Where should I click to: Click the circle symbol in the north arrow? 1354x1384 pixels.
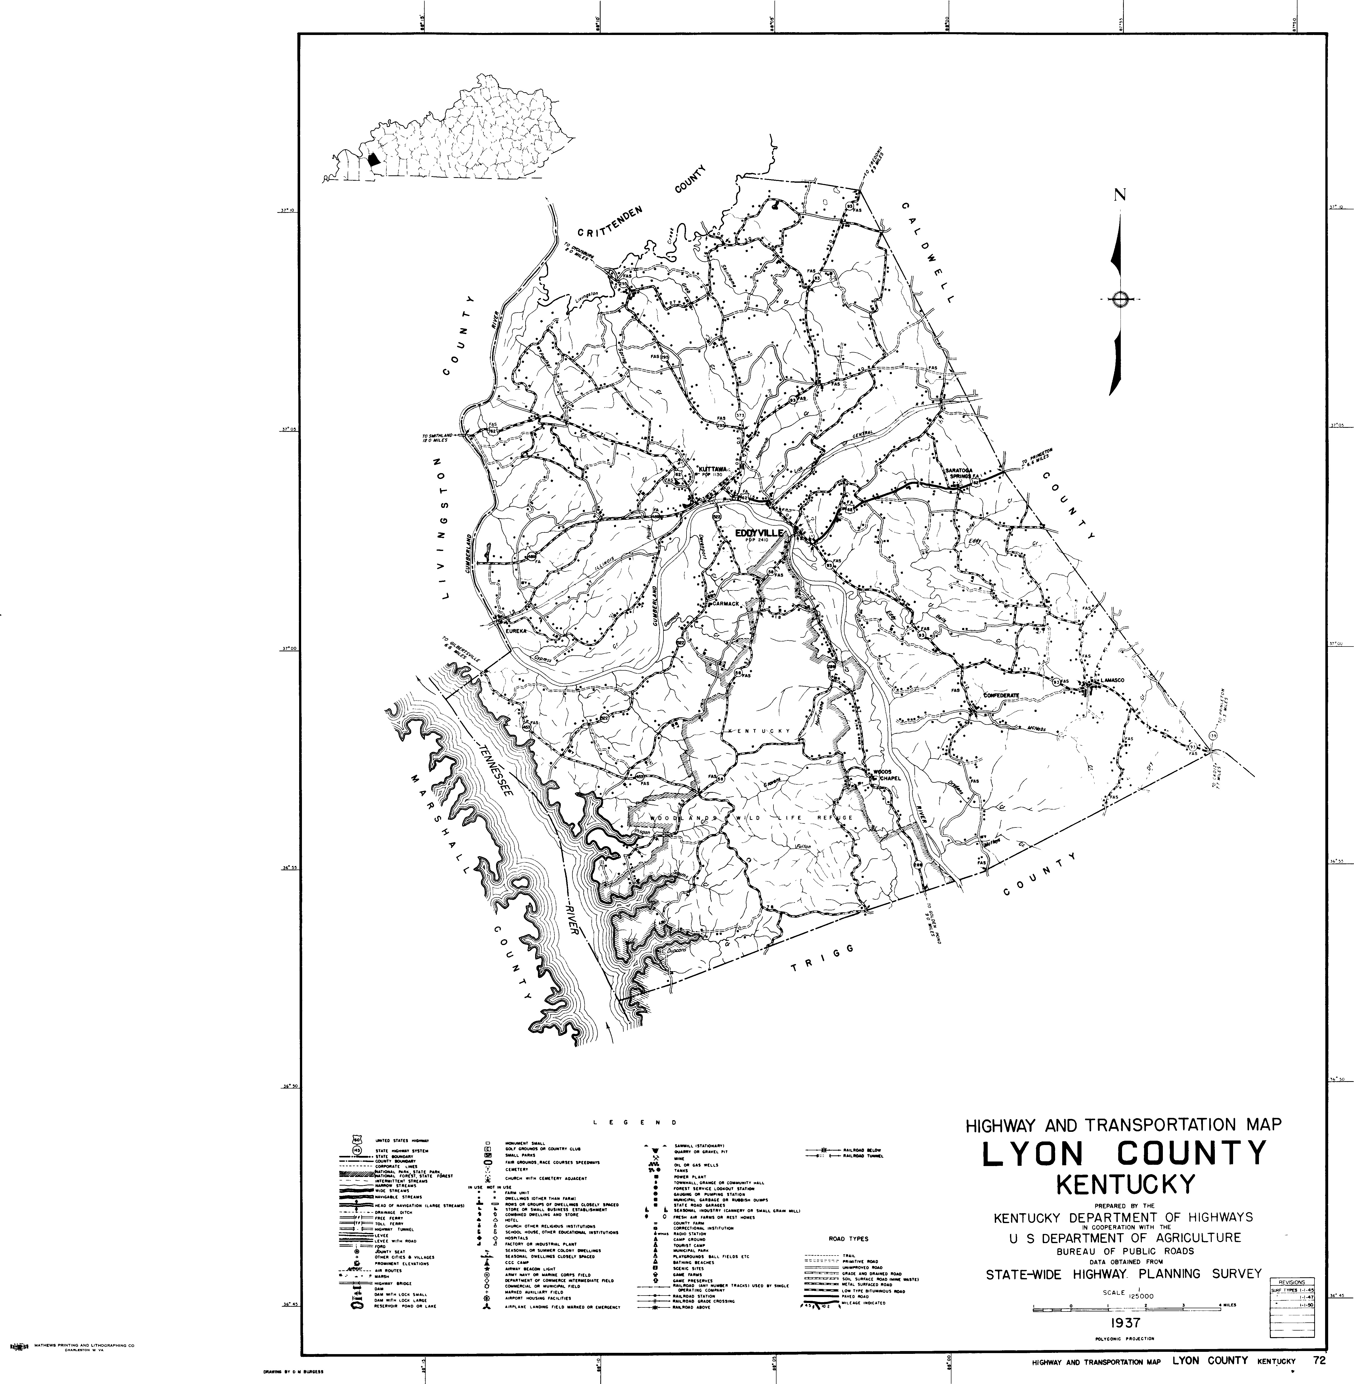click(1120, 299)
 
